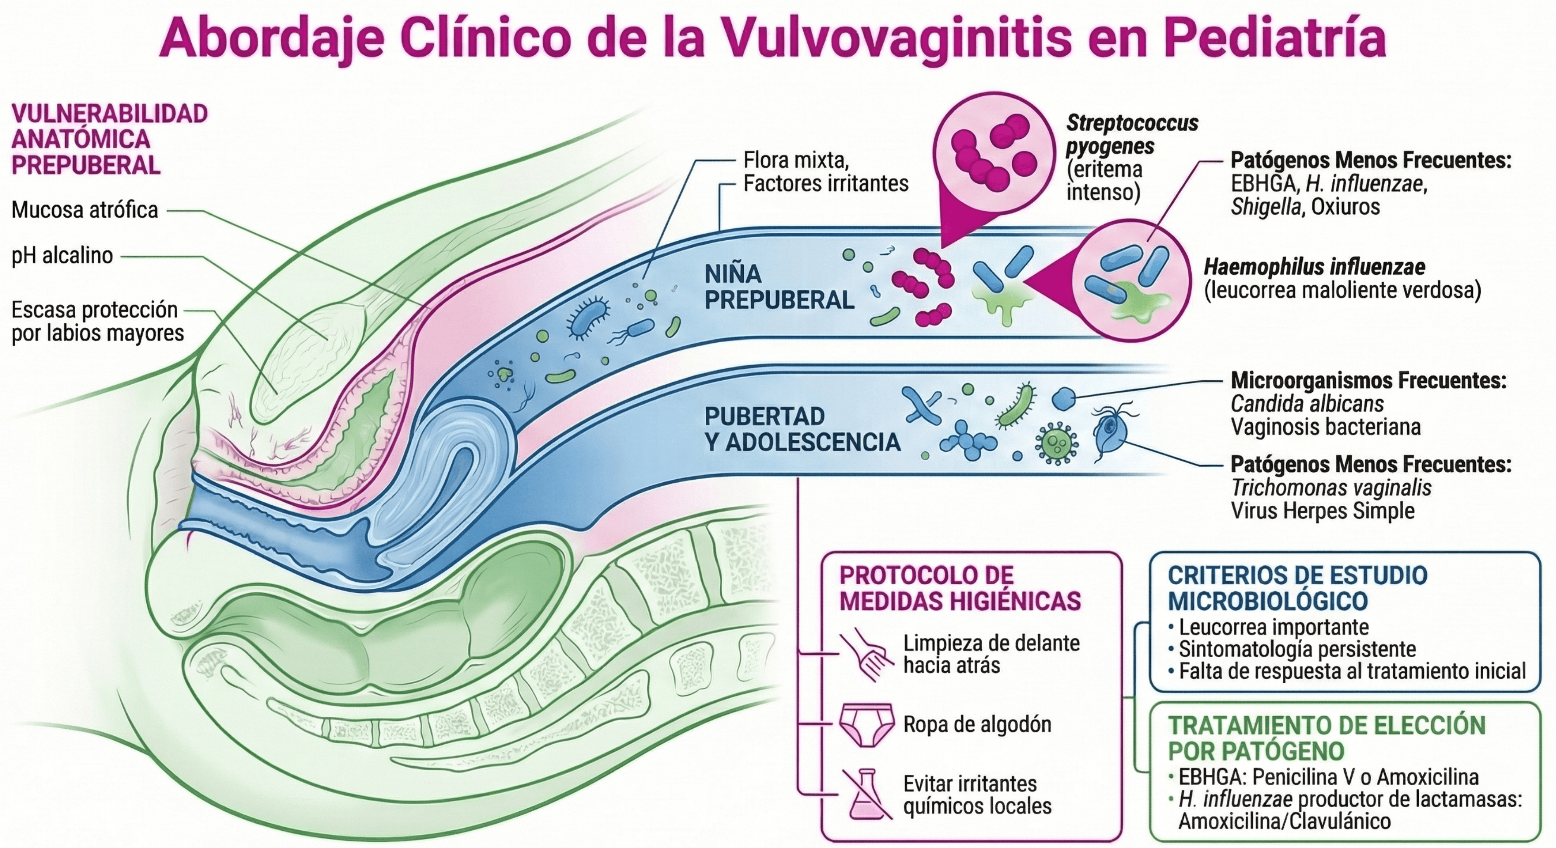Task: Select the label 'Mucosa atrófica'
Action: [85, 210]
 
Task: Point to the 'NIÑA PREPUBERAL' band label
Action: [779, 287]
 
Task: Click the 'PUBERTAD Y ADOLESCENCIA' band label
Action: [802, 429]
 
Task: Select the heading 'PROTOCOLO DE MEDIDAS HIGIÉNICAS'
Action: [960, 587]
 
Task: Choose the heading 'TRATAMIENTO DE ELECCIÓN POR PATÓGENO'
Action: [1326, 737]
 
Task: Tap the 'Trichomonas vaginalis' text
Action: [1331, 488]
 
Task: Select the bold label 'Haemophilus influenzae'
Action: [1314, 267]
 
